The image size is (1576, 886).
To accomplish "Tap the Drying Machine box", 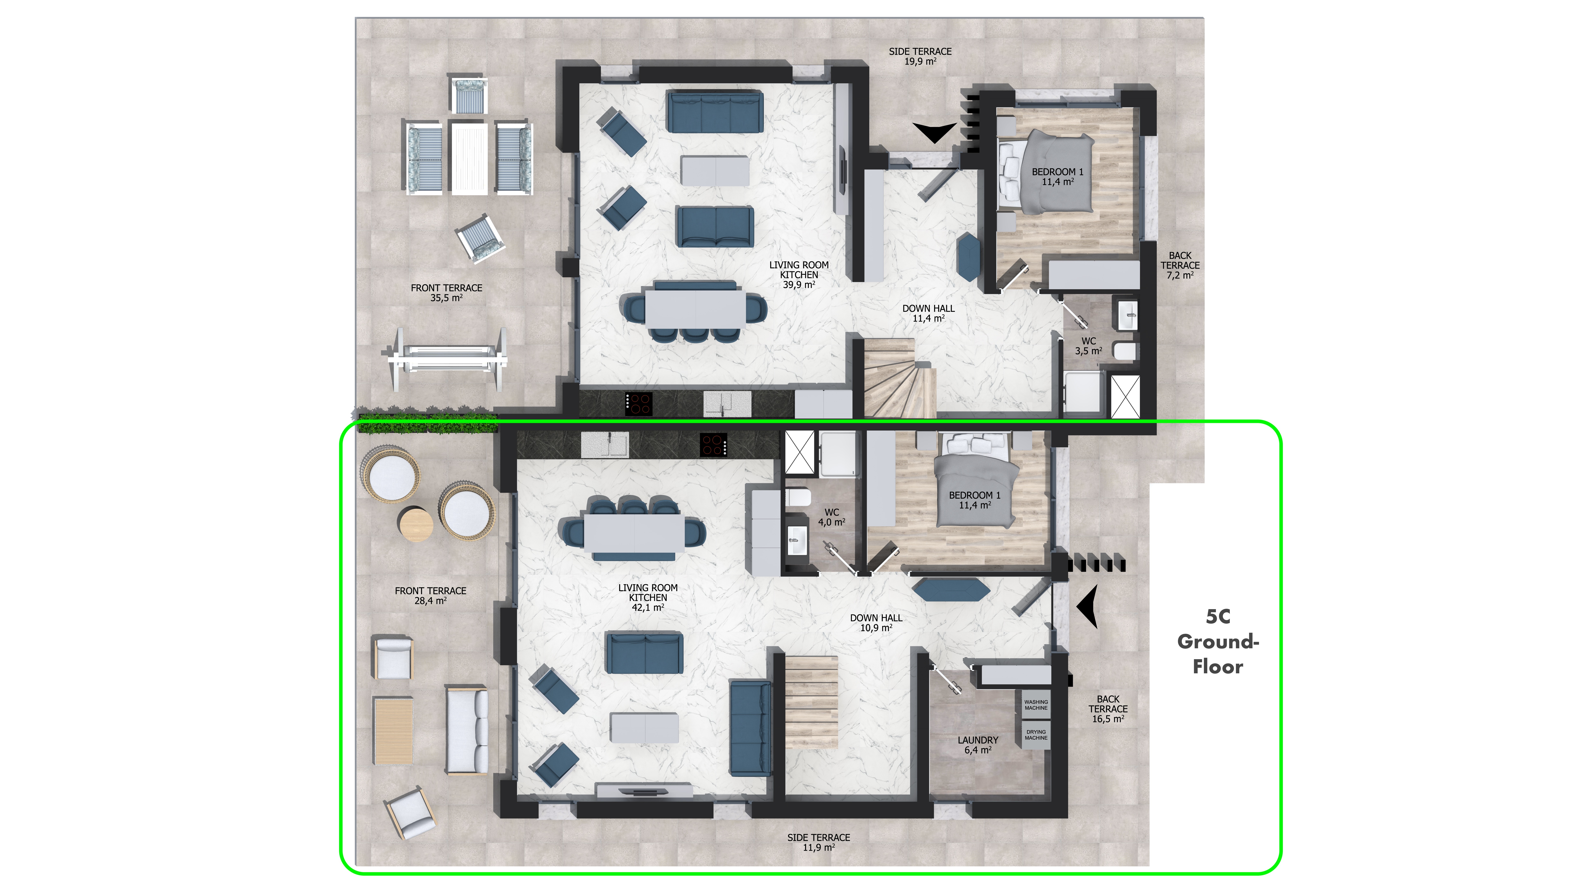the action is tap(1036, 734).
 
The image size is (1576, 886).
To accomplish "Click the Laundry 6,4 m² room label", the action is tap(978, 745).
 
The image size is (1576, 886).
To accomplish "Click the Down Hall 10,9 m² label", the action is tap(876, 622).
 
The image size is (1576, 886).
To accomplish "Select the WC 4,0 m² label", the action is tap(832, 517).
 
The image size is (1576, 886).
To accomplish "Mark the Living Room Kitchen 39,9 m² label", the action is tap(799, 275).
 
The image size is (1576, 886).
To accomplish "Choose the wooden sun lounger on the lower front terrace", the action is tap(393, 731).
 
